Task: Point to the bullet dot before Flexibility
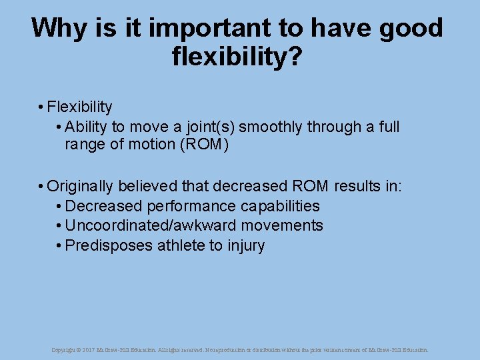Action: tap(41, 107)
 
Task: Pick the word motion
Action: tap(153, 145)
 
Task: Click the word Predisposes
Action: tap(109, 245)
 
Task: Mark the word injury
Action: tap(246, 245)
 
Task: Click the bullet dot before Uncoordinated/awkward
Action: tap(59, 226)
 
